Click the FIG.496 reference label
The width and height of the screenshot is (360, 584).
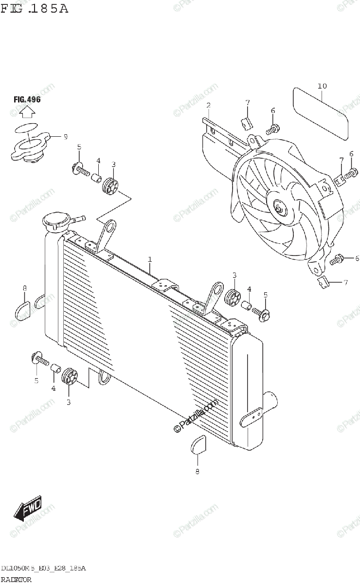pos(27,100)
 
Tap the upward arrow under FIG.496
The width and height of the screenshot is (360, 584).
pos(27,112)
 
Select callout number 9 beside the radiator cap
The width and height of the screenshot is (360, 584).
pos(66,137)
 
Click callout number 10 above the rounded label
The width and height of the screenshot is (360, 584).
pos(322,86)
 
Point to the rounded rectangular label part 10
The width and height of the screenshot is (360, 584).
pos(321,113)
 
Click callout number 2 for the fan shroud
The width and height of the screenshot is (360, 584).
pos(208,106)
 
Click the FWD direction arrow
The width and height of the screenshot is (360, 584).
pos(28,508)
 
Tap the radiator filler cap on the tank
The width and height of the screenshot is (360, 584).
pos(58,221)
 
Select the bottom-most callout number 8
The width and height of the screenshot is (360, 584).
pos(197,471)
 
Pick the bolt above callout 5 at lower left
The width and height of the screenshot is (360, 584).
pos(40,359)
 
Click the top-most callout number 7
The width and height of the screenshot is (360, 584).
pos(248,102)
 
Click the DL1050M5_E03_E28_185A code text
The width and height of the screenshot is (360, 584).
pos(44,568)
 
